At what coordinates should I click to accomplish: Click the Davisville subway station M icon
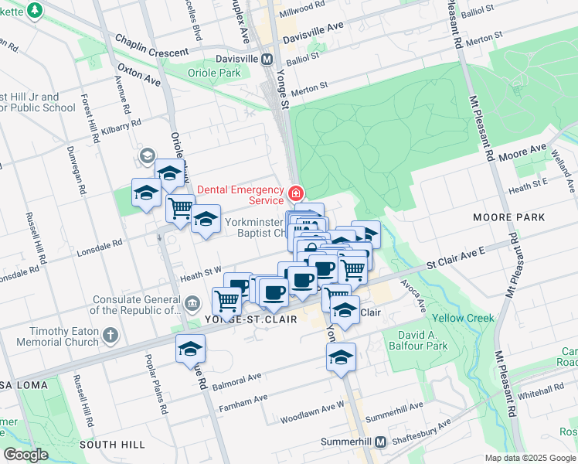click(267, 59)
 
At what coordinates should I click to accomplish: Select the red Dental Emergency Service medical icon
click(294, 193)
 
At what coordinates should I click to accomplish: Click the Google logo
click(25, 455)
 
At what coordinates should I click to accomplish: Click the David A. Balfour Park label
click(423, 341)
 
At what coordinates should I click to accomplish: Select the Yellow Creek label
click(463, 318)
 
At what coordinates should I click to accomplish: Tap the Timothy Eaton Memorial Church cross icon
click(111, 335)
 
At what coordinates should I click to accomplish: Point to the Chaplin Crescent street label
click(151, 46)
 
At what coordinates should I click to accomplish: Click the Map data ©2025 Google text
click(530, 458)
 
